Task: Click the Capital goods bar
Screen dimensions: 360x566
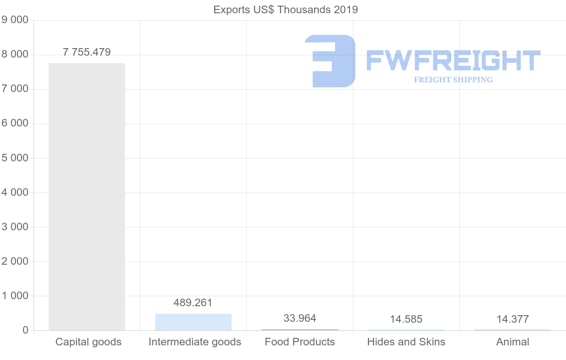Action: [x=87, y=197]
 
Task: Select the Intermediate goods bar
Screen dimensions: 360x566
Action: [x=193, y=322]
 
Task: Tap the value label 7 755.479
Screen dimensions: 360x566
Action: [x=87, y=52]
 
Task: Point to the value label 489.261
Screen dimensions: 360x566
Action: [x=193, y=303]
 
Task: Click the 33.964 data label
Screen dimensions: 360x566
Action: [x=300, y=318]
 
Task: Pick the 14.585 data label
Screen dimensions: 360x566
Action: [x=406, y=319]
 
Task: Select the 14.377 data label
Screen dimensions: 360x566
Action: [x=513, y=319]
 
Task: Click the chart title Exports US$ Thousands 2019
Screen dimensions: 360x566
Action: [x=286, y=9]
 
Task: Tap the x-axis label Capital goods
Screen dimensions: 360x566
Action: [x=88, y=342]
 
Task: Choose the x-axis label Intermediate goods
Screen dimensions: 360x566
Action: [x=195, y=342]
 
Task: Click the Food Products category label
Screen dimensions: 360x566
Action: [x=300, y=342]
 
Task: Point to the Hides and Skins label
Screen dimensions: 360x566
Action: [x=406, y=342]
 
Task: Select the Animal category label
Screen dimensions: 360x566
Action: [x=513, y=342]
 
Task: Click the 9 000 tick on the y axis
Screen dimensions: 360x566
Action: [x=15, y=20]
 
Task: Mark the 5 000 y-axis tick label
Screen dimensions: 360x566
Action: [x=15, y=158]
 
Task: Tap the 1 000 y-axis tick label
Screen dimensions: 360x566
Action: [x=15, y=296]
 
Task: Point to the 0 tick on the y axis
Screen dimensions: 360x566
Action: [x=25, y=330]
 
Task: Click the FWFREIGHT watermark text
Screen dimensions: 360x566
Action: [x=453, y=61]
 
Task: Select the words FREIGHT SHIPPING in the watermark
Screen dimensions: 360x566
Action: [x=453, y=80]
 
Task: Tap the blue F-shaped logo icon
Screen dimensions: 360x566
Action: [x=330, y=61]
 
